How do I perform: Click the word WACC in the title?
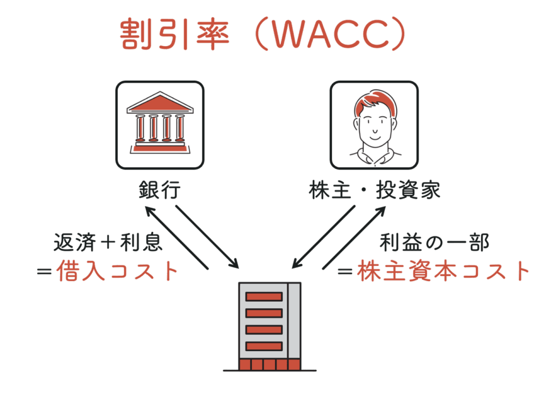[x=331, y=34]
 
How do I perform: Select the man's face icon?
[x=375, y=125]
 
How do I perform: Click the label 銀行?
[x=160, y=190]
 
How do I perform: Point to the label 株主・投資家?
[x=375, y=190]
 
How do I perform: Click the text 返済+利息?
[x=108, y=243]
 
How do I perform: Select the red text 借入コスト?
[x=117, y=271]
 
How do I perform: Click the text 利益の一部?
[x=434, y=243]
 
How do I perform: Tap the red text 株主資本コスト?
[x=443, y=271]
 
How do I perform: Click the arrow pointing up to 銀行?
[x=176, y=238]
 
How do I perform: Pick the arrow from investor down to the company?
[x=323, y=237]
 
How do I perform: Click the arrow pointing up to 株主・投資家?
[x=354, y=238]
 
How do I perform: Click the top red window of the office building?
[x=264, y=297]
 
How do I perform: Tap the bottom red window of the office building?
[x=264, y=347]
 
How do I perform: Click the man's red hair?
[x=375, y=102]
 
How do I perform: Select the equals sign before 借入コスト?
[x=45, y=272]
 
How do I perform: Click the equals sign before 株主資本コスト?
[x=345, y=272]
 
